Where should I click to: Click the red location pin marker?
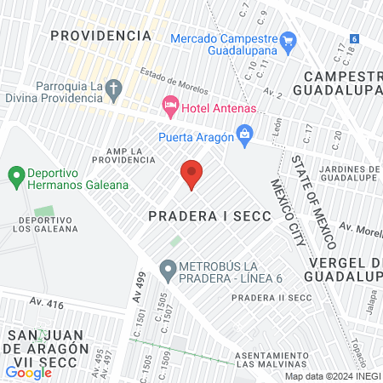(191, 174)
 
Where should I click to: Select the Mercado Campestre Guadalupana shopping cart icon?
(288, 39)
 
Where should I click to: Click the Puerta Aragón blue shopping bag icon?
(245, 134)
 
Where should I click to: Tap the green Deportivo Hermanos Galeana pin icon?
(15, 177)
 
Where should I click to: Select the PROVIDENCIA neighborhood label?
(100, 35)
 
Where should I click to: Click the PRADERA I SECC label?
(209, 216)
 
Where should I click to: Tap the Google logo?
(28, 372)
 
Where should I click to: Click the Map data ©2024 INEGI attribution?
(332, 376)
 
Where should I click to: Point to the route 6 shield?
(353, 39)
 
